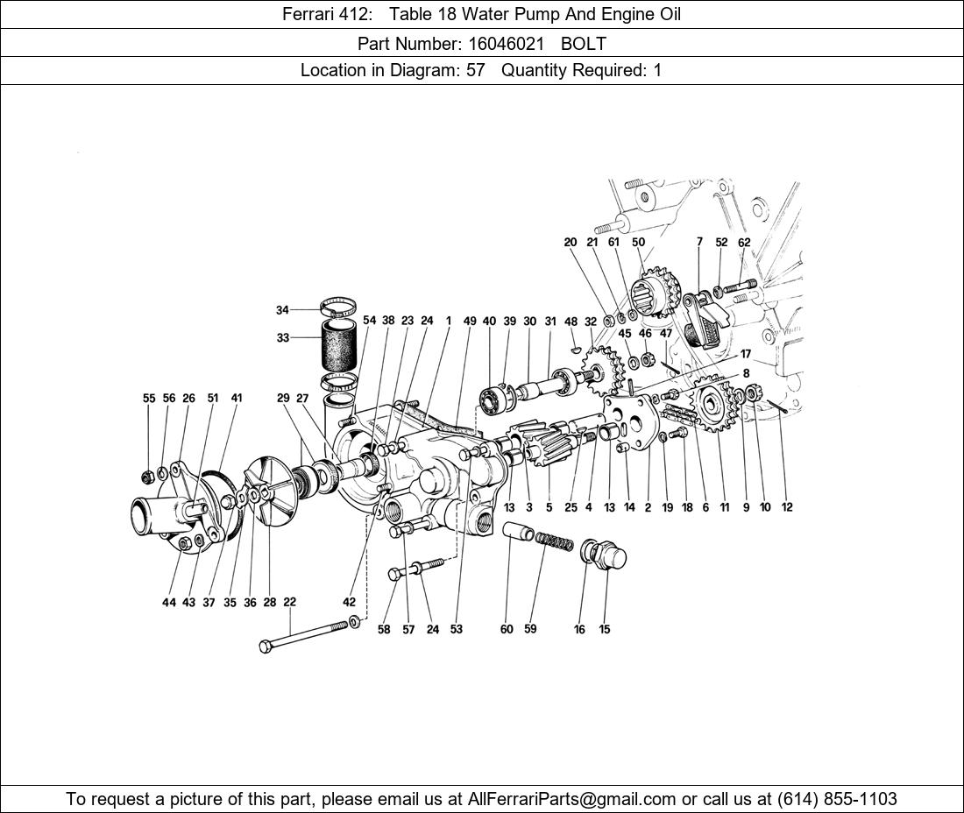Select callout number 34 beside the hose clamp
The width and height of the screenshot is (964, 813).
[282, 310]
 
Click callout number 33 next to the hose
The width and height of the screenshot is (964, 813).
[282, 338]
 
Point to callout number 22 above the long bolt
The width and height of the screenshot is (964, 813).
[289, 602]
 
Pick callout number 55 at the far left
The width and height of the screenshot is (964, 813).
[149, 399]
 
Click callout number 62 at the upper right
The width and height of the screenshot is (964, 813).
[744, 242]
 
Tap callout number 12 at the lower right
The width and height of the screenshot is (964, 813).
[787, 507]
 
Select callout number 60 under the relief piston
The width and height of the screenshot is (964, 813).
[507, 629]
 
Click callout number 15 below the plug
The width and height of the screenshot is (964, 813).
[605, 629]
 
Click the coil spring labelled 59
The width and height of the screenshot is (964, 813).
[553, 541]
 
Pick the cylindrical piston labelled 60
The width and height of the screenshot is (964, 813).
[518, 531]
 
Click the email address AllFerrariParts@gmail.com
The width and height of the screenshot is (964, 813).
[571, 799]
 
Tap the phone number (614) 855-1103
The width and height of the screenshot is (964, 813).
[837, 799]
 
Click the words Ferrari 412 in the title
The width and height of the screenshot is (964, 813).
[327, 14]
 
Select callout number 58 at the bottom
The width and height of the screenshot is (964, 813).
[384, 629]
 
